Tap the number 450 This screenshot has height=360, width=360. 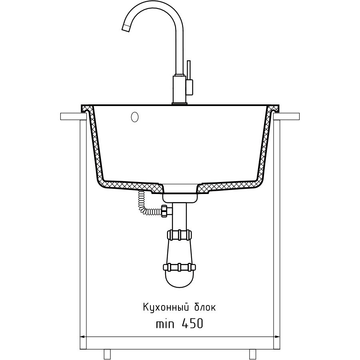click(x=192, y=324)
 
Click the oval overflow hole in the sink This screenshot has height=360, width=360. click(x=134, y=117)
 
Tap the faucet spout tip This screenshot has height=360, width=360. click(x=126, y=28)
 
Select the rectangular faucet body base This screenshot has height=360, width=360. click(x=180, y=90)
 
